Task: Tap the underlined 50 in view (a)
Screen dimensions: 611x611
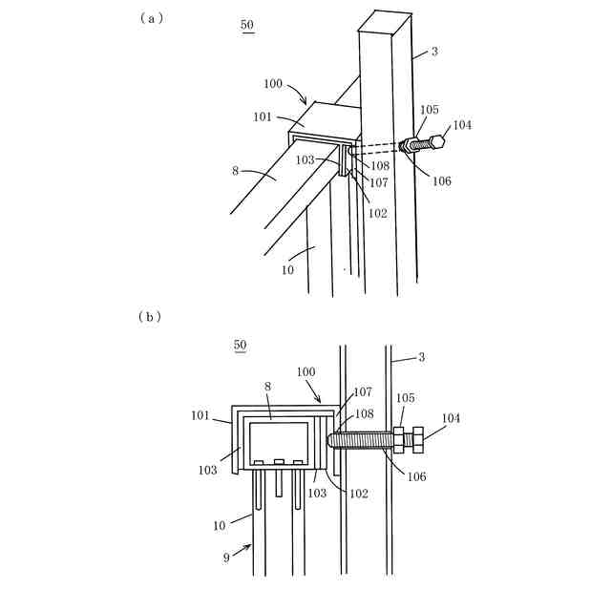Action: tap(248, 25)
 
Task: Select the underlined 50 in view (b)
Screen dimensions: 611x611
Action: tap(241, 345)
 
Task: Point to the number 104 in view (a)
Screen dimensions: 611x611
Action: tap(462, 125)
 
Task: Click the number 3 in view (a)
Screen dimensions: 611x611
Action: tap(434, 52)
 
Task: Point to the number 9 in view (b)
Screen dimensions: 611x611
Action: tap(226, 558)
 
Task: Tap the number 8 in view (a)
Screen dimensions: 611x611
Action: tap(234, 173)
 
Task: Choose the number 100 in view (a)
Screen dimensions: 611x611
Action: tap(272, 84)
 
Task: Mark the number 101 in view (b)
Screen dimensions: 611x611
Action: tap(200, 415)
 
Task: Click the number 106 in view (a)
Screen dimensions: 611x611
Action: tap(441, 181)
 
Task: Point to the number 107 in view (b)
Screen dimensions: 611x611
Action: tap(363, 391)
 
